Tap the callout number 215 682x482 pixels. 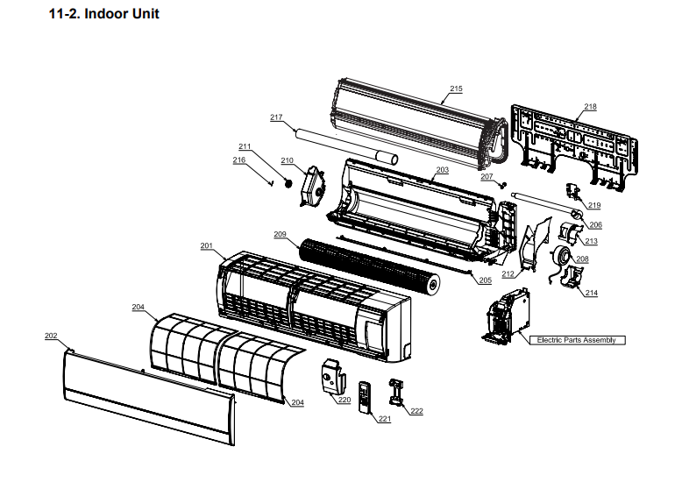pos(456,89)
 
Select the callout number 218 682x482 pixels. pos(590,107)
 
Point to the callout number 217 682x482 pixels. pos(276,117)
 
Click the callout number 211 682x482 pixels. pos(245,146)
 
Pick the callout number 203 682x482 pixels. pos(442,169)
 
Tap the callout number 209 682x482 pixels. pos(280,234)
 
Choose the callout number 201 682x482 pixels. pos(207,246)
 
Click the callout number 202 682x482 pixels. pos(51,336)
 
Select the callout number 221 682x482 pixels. pos(384,420)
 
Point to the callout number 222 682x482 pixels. pos(416,411)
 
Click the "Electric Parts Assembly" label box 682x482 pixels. pos(576,340)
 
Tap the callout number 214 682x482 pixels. pos(591,293)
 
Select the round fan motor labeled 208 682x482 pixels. pos(558,256)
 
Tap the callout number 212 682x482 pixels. pos(508,274)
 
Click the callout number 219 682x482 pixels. pos(594,205)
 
